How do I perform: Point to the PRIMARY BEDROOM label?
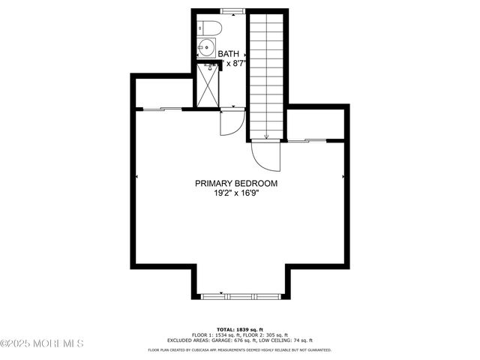(236, 183)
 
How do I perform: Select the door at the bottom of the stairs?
(266, 155)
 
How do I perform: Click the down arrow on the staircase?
(266, 135)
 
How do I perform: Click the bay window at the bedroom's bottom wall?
(239, 295)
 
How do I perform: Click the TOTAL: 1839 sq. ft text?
(239, 329)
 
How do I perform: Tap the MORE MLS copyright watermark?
(42, 343)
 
